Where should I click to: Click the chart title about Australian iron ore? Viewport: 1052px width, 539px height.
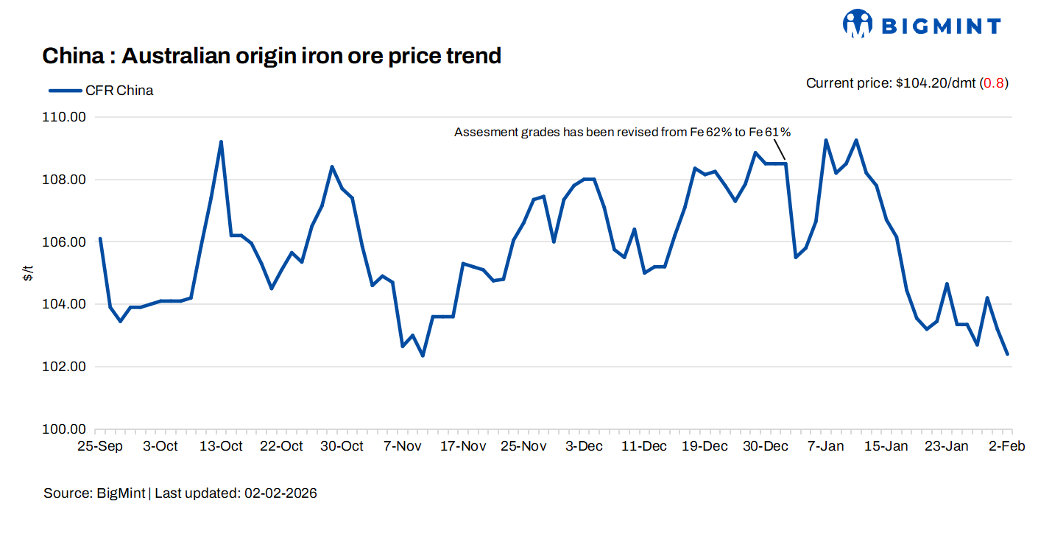pos(272,55)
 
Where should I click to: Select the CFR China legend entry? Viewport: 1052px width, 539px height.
pos(101,91)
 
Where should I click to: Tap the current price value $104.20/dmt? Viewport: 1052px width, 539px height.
pos(935,83)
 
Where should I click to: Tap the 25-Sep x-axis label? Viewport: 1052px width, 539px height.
pos(99,446)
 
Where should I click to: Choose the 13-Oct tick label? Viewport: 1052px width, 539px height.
pos(221,446)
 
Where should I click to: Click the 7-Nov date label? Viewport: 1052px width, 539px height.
pos(403,446)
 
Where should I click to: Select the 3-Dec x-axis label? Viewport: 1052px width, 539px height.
pos(584,446)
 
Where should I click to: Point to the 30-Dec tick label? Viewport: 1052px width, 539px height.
pos(766,446)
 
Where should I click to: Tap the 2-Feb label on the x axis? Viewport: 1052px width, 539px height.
pos(1007,446)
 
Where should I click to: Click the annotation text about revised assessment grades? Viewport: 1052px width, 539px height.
pos(622,133)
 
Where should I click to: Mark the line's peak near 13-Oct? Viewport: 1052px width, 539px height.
pos(221,141)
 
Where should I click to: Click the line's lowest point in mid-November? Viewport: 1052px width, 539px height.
pos(423,356)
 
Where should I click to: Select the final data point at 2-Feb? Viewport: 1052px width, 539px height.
pos(1008,354)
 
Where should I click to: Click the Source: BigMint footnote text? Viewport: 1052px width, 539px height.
pos(180,493)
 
